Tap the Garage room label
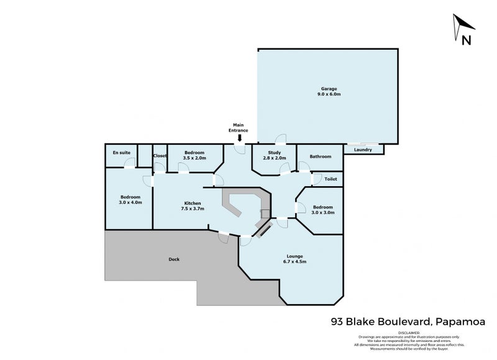(x=328, y=89)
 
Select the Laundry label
(x=363, y=150)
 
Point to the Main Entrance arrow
(x=240, y=138)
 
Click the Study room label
(x=274, y=152)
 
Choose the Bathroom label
(x=321, y=156)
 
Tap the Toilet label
(x=331, y=179)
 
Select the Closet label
(x=160, y=156)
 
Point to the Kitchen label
(x=192, y=203)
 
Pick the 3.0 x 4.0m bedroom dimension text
(x=130, y=202)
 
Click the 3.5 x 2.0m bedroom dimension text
(x=194, y=158)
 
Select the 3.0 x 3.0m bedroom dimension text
(x=322, y=213)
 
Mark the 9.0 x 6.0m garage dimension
(x=328, y=95)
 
